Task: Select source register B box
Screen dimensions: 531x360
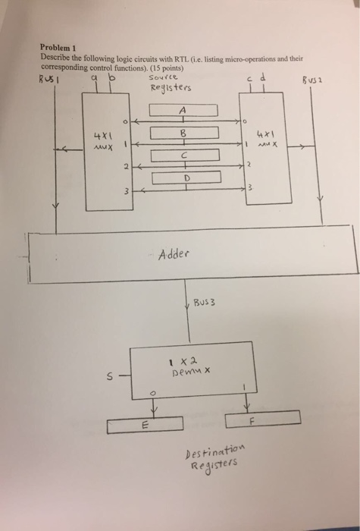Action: (x=183, y=134)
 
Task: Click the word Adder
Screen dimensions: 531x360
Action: (x=174, y=255)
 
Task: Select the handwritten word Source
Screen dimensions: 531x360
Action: (x=163, y=77)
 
